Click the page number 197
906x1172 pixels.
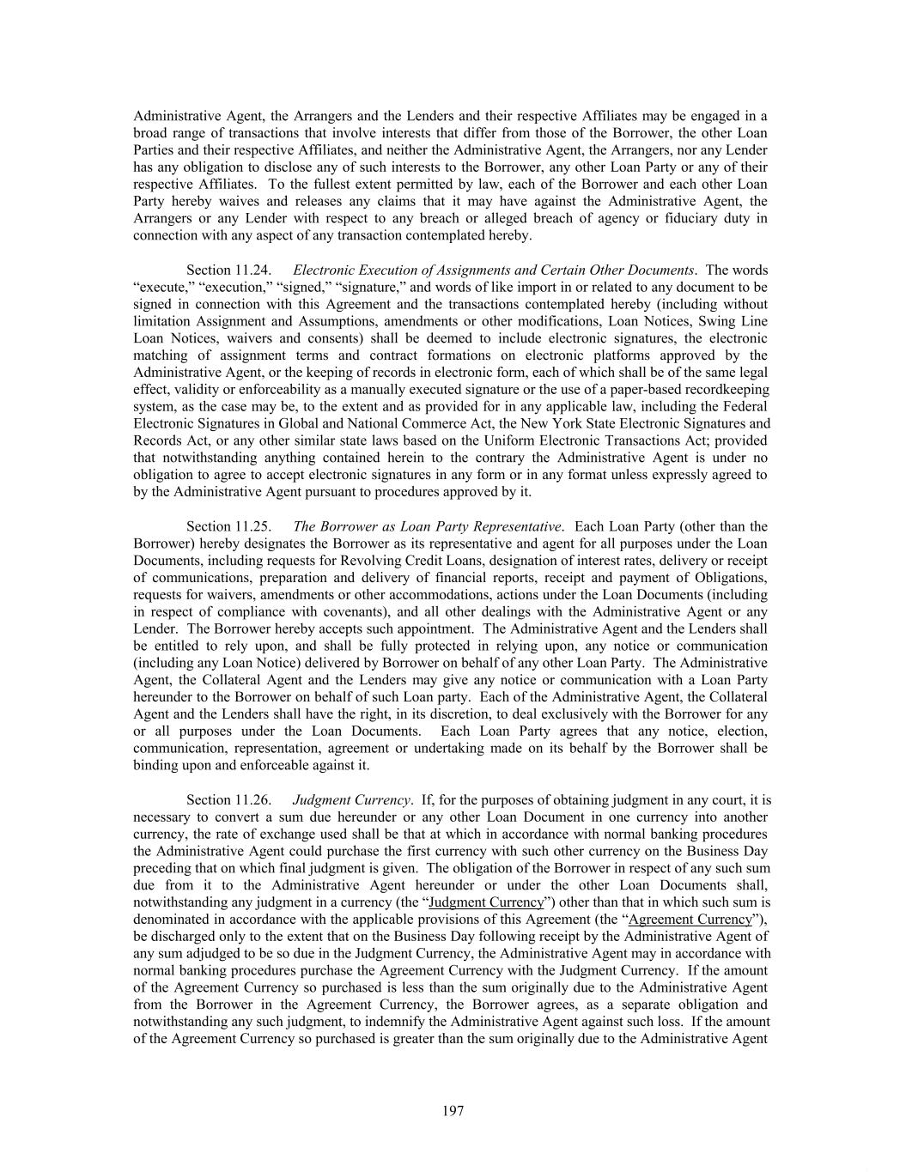(453, 1111)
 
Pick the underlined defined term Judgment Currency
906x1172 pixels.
(486, 902)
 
